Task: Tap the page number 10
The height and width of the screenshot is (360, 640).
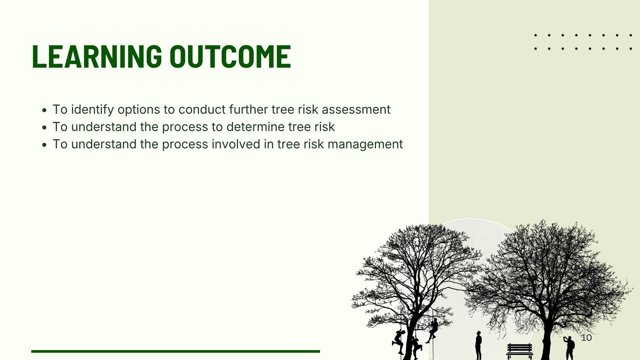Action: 586,338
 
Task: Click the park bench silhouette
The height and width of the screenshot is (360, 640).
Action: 520,351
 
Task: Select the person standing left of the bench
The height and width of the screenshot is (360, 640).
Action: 478,345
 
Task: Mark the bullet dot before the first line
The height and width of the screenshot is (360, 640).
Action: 44,110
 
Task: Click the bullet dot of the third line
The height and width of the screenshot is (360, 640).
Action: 44,145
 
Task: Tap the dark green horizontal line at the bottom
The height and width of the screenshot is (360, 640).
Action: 176,351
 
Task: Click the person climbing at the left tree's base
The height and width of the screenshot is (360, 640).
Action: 398,342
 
